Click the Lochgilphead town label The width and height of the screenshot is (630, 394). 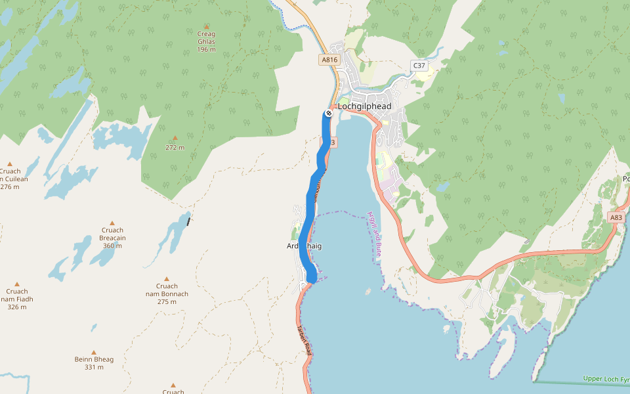[364, 106]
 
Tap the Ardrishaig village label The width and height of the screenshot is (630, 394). [304, 246]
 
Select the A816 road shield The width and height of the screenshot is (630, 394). [329, 60]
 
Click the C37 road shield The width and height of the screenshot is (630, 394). [419, 65]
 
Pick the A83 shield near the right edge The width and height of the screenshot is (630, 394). [616, 217]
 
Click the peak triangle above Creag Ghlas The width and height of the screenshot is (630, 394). [206, 26]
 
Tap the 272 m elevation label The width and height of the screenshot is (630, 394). [175, 148]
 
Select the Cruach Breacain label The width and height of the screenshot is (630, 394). [112, 234]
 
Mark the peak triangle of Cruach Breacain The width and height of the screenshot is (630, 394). [112, 223]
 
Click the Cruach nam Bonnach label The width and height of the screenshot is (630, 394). [167, 290]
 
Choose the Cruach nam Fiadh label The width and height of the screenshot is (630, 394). [16, 295]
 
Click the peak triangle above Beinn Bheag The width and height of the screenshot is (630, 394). [94, 352]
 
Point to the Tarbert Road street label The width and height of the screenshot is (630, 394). [303, 340]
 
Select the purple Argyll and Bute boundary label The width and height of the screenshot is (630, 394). [375, 233]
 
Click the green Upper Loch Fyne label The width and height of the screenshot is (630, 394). [605, 379]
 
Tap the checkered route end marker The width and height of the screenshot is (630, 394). [328, 114]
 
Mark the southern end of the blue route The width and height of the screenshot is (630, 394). [312, 280]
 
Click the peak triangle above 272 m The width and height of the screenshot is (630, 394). [175, 138]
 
